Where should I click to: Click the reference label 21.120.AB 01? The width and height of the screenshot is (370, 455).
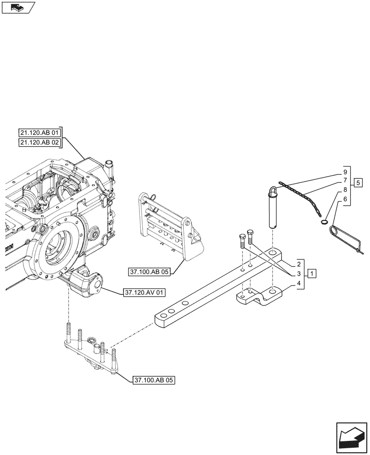40,133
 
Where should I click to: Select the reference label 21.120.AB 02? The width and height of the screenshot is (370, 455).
40,142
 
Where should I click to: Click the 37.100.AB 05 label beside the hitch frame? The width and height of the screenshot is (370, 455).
149,272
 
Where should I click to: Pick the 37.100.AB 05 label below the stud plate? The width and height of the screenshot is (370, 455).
154,379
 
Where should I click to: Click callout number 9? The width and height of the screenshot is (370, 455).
345,172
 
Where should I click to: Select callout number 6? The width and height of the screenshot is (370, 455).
345,199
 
